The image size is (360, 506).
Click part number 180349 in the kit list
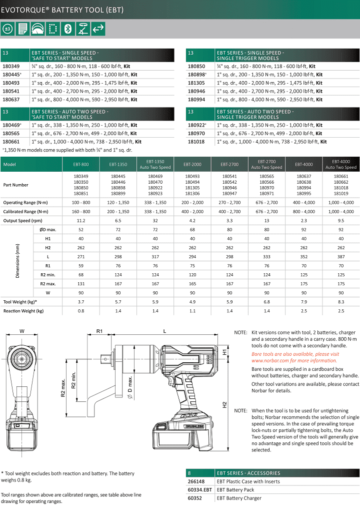point(11,66)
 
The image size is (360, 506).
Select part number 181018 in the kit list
point(196,142)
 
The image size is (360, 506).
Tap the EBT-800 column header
point(81,164)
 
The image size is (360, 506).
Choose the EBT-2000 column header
point(192,164)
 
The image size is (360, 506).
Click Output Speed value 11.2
point(81,221)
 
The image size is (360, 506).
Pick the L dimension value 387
point(341,256)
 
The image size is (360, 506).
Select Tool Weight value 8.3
point(341,302)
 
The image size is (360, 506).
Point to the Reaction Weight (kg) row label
point(23,311)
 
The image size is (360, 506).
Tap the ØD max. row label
point(48,229)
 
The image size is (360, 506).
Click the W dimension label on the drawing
point(22,331)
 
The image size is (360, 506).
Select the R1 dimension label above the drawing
point(99,331)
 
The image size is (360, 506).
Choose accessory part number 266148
point(195,481)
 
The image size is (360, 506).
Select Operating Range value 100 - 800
point(81,202)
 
